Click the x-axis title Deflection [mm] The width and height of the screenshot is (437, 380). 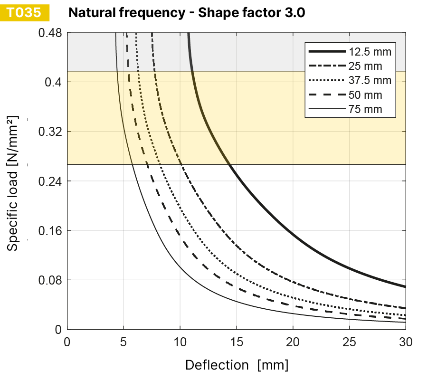click(x=237, y=365)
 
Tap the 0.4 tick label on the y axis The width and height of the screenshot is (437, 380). click(x=53, y=82)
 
